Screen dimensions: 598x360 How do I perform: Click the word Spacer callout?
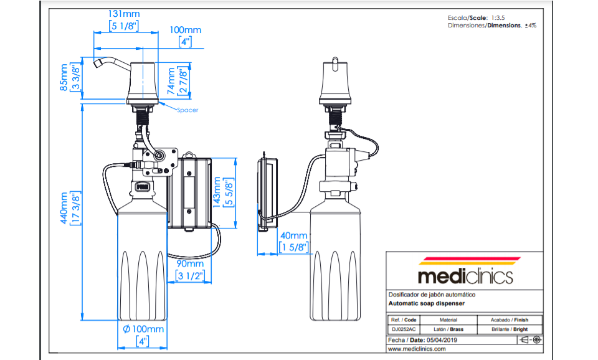pos(187,110)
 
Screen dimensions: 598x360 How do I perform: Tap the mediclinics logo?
pos(465,271)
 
